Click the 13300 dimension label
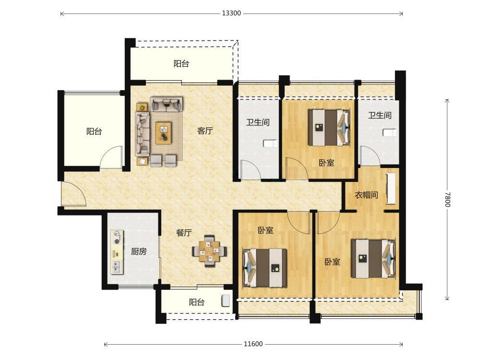[231, 13]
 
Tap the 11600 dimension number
[253, 344]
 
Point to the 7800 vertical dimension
[447, 199]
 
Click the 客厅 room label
[205, 131]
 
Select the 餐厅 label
[184, 233]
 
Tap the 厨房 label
[139, 252]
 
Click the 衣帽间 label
[366, 195]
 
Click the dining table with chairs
[209, 251]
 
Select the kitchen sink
[117, 267]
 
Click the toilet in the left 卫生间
[270, 144]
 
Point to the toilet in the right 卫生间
[390, 133]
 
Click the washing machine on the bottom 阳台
[226, 300]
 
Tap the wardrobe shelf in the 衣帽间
[391, 189]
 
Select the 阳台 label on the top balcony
[181, 64]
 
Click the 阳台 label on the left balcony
[94, 132]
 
